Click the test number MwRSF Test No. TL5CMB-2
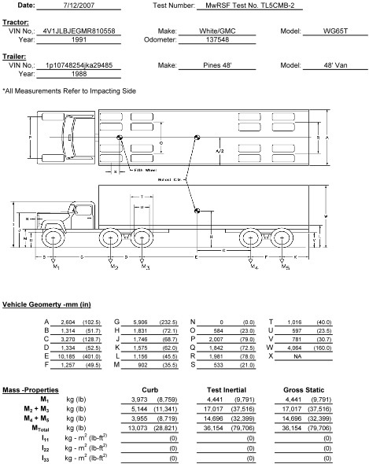pos(244,5)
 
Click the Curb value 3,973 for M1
pos(151,400)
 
